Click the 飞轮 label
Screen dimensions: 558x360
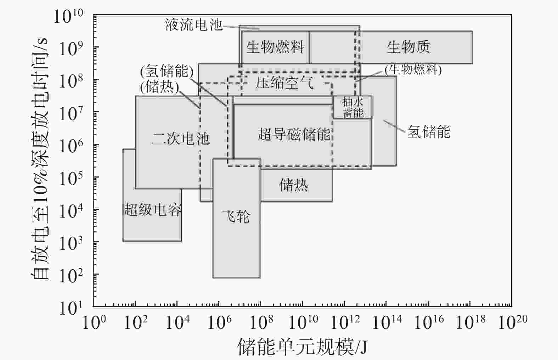(236, 216)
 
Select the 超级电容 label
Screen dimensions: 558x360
(152, 210)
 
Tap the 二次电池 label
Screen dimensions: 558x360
(181, 139)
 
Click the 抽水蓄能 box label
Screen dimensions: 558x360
(353, 107)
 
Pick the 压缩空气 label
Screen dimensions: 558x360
(284, 83)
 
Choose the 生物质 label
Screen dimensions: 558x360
(408, 47)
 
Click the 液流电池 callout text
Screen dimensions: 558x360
(193, 24)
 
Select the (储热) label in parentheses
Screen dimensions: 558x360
(160, 87)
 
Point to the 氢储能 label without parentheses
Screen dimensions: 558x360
(429, 131)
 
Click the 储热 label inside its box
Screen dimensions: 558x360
(294, 185)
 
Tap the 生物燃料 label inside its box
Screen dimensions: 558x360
(275, 47)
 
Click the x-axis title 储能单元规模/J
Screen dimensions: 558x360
(302, 347)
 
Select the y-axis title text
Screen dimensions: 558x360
(39, 159)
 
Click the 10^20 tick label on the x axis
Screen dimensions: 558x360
(513, 322)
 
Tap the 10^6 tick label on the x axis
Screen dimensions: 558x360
(219, 322)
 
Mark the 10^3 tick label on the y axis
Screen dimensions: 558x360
(71, 243)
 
